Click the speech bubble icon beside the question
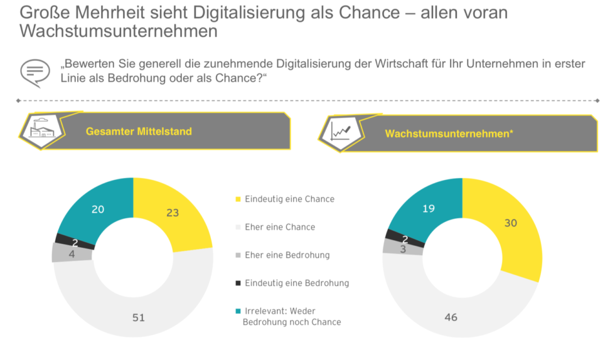click(x=35, y=72)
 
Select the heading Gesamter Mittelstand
click(x=139, y=132)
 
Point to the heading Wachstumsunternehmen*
click(x=449, y=134)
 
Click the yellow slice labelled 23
click(x=172, y=213)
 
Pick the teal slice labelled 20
click(x=99, y=209)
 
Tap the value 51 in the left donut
click(x=138, y=317)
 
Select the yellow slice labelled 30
click(x=510, y=223)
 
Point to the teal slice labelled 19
click(x=429, y=208)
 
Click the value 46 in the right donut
click(x=451, y=317)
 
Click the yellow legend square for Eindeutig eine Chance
click(x=238, y=199)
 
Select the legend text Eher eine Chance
click(x=280, y=227)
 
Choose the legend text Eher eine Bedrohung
click(x=287, y=255)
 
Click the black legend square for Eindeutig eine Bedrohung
click(x=238, y=283)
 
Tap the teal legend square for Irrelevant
click(x=238, y=311)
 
